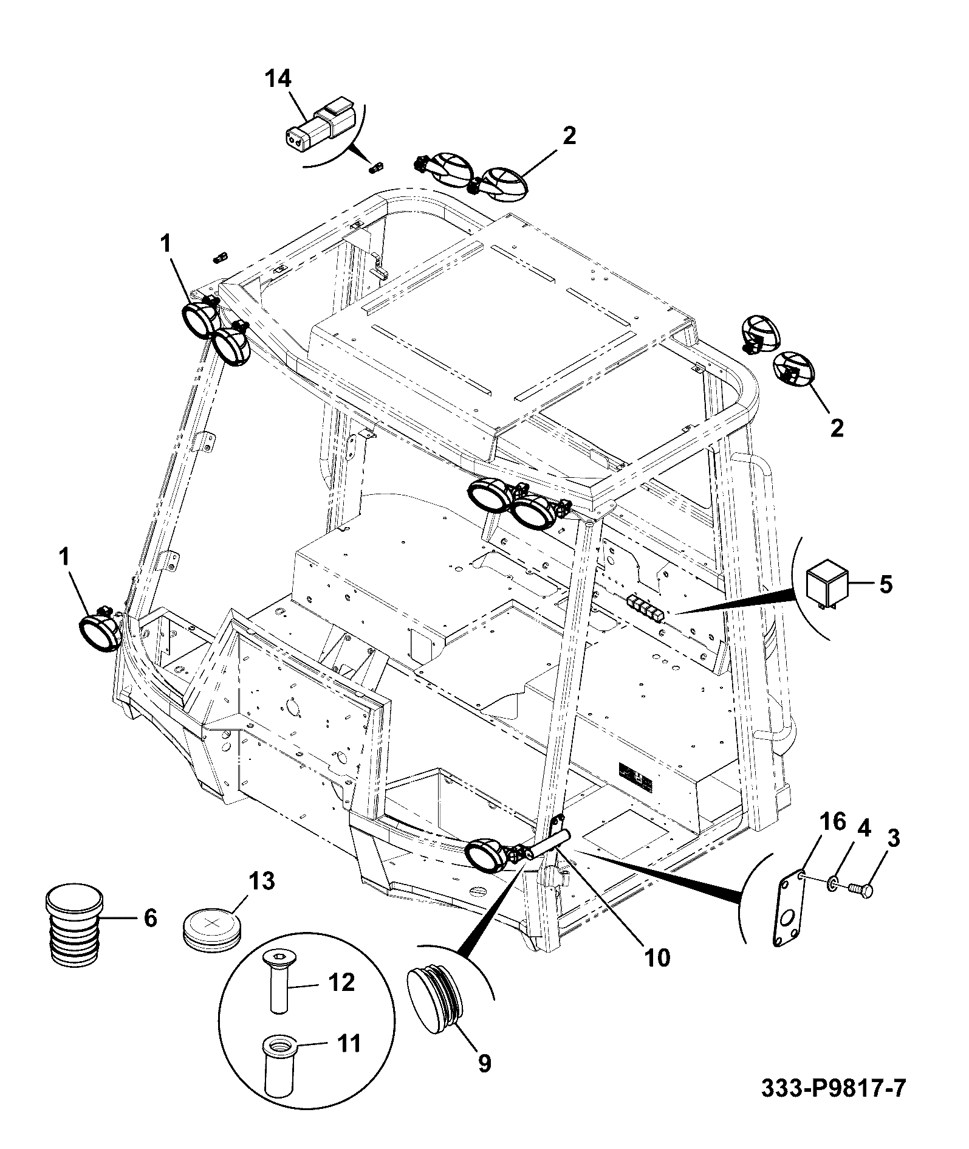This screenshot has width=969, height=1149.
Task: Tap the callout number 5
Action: coord(886,584)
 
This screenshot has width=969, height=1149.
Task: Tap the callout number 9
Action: coord(484,1063)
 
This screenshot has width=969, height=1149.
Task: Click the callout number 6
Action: coord(150,917)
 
